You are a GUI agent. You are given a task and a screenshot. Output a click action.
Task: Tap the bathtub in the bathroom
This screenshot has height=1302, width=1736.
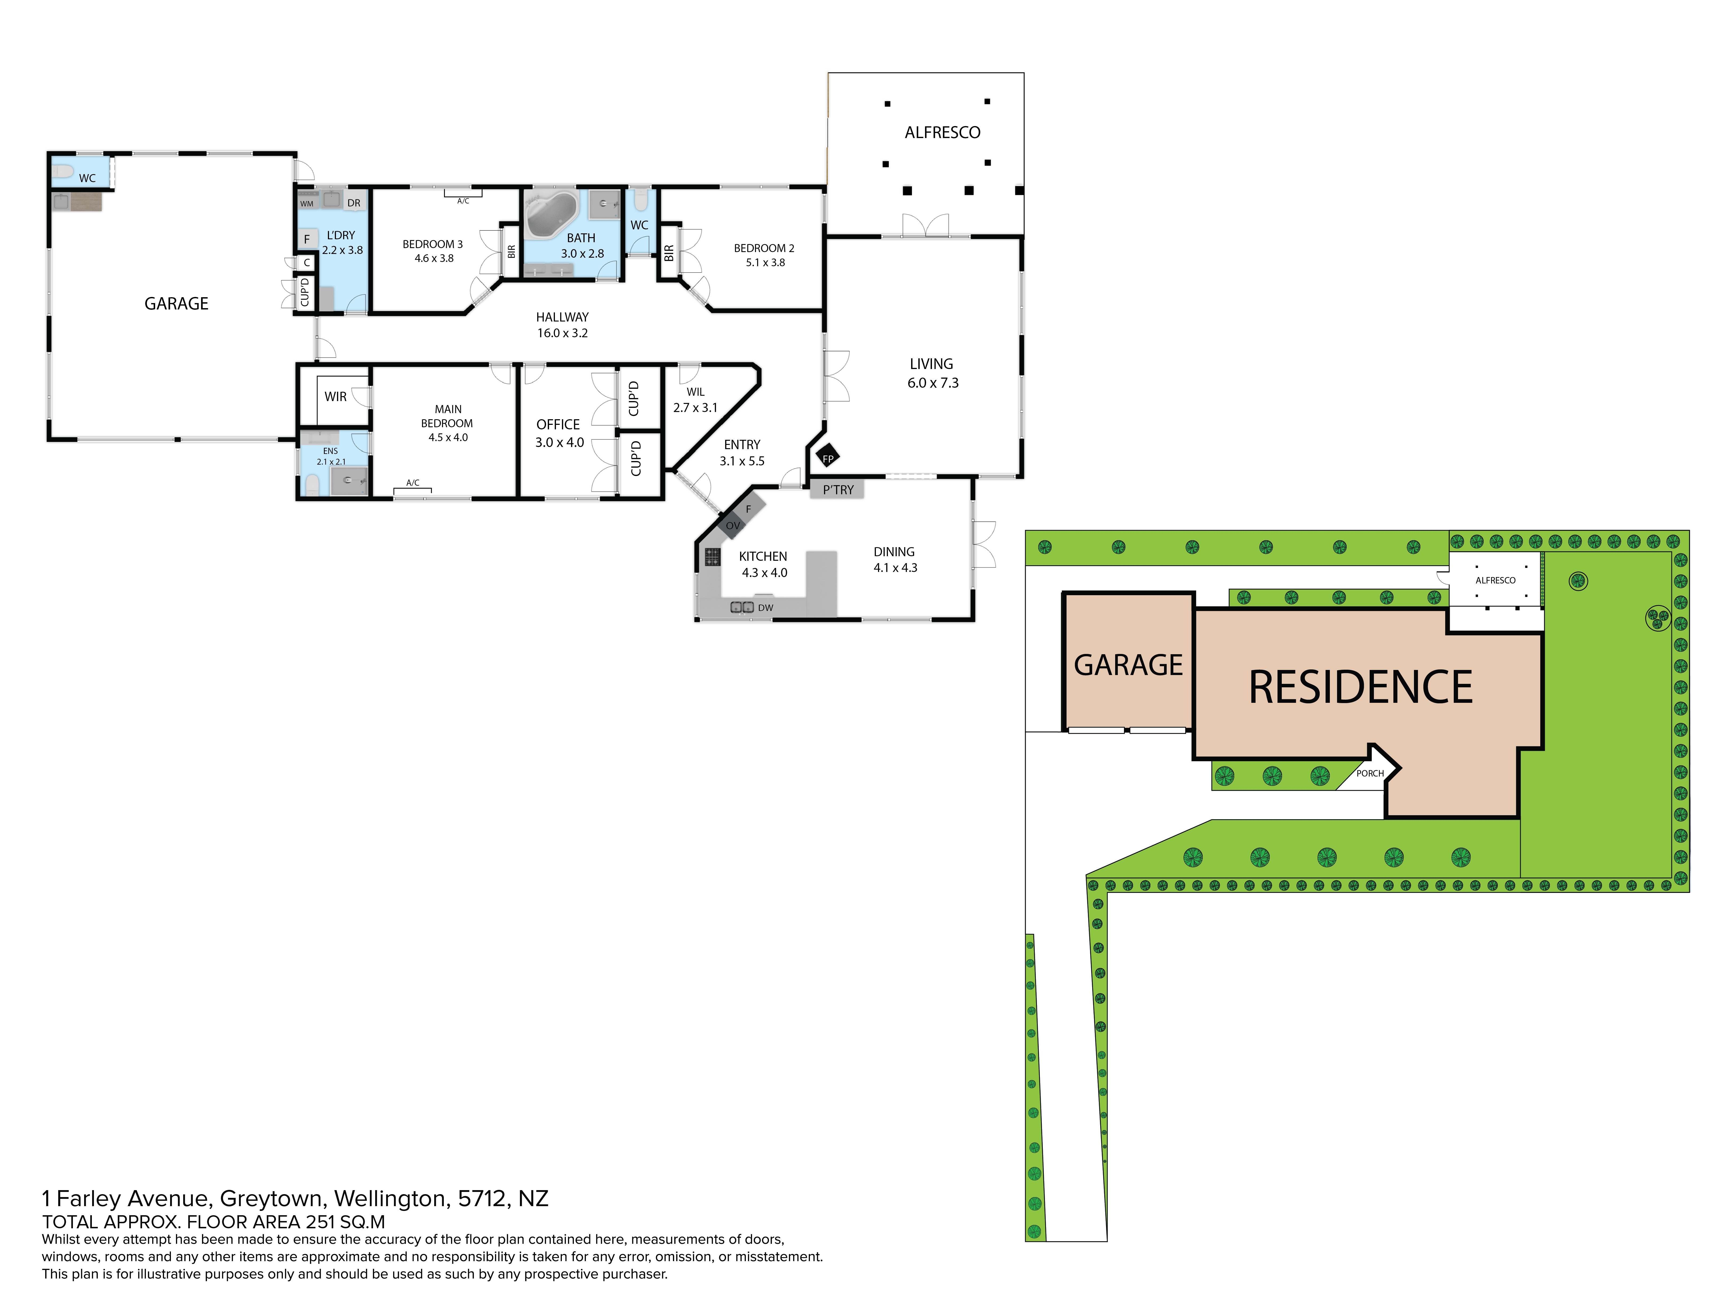coord(552,213)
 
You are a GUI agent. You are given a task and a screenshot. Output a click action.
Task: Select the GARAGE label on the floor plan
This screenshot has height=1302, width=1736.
coord(177,304)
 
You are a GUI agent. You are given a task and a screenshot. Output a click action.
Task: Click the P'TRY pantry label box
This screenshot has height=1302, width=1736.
coord(837,490)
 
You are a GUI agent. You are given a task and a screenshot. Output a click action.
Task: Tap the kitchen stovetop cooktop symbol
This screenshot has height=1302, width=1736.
coord(712,556)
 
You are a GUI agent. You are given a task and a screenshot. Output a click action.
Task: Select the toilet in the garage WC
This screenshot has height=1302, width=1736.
coord(63,170)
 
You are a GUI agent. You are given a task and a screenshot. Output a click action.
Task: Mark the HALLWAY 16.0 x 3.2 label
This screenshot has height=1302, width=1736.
coord(562,325)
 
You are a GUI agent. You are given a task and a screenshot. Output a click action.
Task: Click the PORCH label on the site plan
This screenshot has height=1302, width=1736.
coord(1370,773)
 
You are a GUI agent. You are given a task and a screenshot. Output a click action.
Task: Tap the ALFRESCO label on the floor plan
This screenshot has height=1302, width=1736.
coord(943,133)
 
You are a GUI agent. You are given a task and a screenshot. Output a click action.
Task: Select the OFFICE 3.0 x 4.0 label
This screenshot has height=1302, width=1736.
coord(559,433)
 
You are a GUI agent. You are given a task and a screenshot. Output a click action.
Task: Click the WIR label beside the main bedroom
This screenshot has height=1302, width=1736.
coord(336,396)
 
